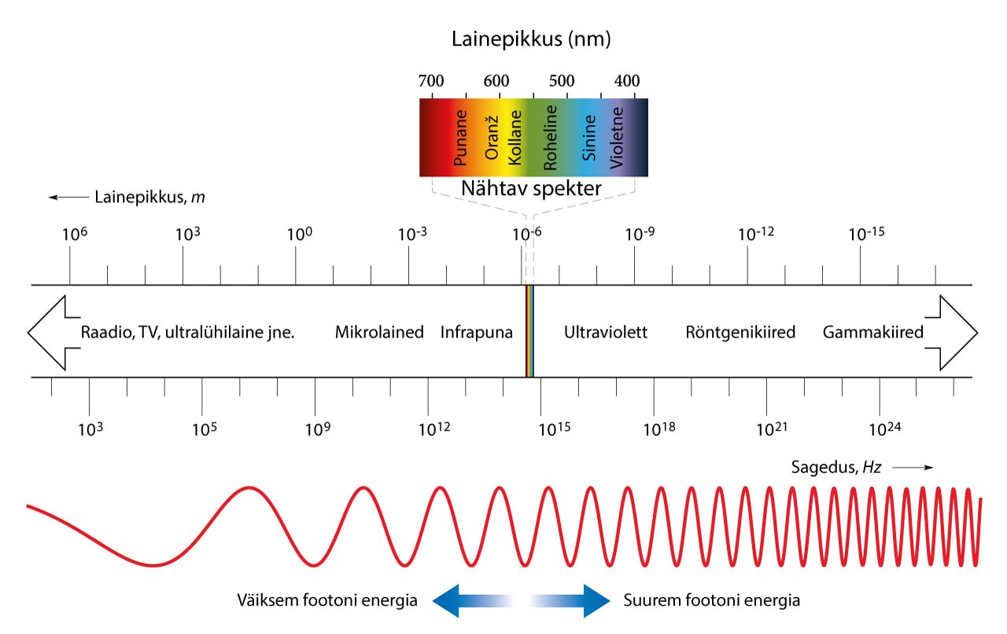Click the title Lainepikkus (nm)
531,39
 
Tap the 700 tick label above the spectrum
431,81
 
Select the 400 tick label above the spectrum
626,81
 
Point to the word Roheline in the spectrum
551,138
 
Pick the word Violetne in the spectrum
617,138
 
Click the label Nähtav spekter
532,189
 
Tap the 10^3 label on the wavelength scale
183,234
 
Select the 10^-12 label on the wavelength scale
756,234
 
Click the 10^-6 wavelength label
526,234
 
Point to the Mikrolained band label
379,332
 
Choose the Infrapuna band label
476,332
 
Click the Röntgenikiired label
740,332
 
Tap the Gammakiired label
872,332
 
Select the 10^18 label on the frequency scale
659,429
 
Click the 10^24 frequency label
884,429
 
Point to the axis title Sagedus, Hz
835,467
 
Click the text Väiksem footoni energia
326,601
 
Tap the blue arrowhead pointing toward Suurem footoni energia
596,601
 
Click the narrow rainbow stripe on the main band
529,331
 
